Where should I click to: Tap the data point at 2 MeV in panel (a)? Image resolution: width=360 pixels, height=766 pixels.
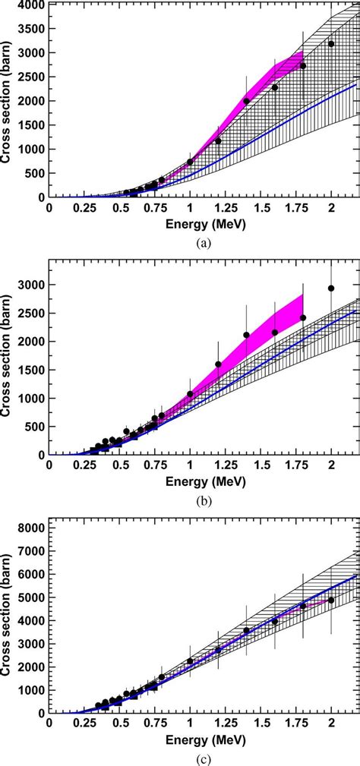click(x=331, y=43)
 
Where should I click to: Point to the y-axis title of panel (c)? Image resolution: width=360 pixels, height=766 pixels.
click(x=7, y=616)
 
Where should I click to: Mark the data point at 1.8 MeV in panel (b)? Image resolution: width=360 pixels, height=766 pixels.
click(x=303, y=318)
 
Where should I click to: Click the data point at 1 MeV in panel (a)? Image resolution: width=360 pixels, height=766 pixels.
click(x=190, y=162)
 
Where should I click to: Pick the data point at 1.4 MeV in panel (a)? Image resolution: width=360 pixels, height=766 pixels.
click(x=246, y=101)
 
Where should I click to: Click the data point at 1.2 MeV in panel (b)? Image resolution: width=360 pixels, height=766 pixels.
click(x=218, y=364)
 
